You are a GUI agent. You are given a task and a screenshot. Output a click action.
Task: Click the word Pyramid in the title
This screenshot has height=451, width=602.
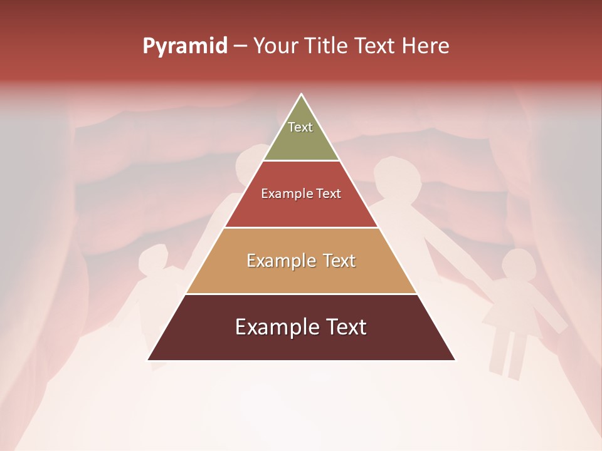pyautogui.click(x=184, y=46)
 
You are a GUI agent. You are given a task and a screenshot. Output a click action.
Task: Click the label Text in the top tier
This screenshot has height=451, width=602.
pyautogui.click(x=300, y=127)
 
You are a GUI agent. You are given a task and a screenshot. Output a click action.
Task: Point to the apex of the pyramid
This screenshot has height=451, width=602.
pyautogui.click(x=302, y=95)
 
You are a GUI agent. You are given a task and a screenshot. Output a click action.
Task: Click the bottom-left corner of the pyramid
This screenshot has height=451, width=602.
pyautogui.click(x=149, y=360)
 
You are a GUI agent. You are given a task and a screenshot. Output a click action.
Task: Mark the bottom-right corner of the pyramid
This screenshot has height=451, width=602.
pyautogui.click(x=455, y=360)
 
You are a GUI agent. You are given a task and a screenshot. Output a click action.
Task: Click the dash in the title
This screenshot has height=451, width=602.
pyautogui.click(x=240, y=46)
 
